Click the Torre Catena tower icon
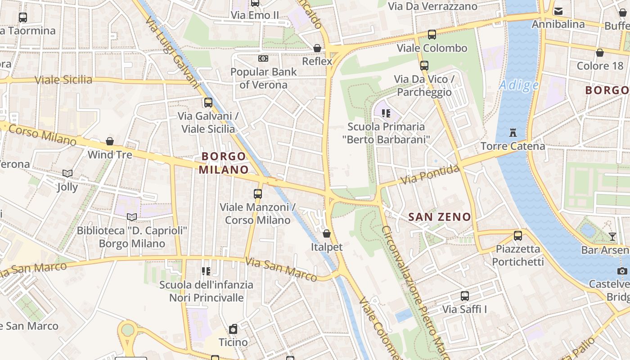[x=513, y=133]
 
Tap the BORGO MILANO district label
[x=224, y=163]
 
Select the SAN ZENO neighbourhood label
[x=439, y=217]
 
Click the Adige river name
[x=519, y=85]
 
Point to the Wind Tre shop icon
[x=110, y=142]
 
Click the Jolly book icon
[x=67, y=173]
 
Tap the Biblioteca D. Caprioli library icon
[x=132, y=217]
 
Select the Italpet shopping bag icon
[x=327, y=234]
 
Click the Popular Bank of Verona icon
[x=263, y=58]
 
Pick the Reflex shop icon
[x=317, y=48]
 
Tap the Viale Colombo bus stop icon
[x=432, y=34]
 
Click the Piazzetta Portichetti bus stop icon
[x=518, y=235]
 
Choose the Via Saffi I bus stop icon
[x=465, y=296]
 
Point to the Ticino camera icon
[x=233, y=329]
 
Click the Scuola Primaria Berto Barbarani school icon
[x=386, y=113]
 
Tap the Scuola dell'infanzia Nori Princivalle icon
[x=206, y=271]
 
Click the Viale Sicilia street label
[x=63, y=80]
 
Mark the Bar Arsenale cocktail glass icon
[x=612, y=236]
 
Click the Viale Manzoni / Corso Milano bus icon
[x=258, y=194]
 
